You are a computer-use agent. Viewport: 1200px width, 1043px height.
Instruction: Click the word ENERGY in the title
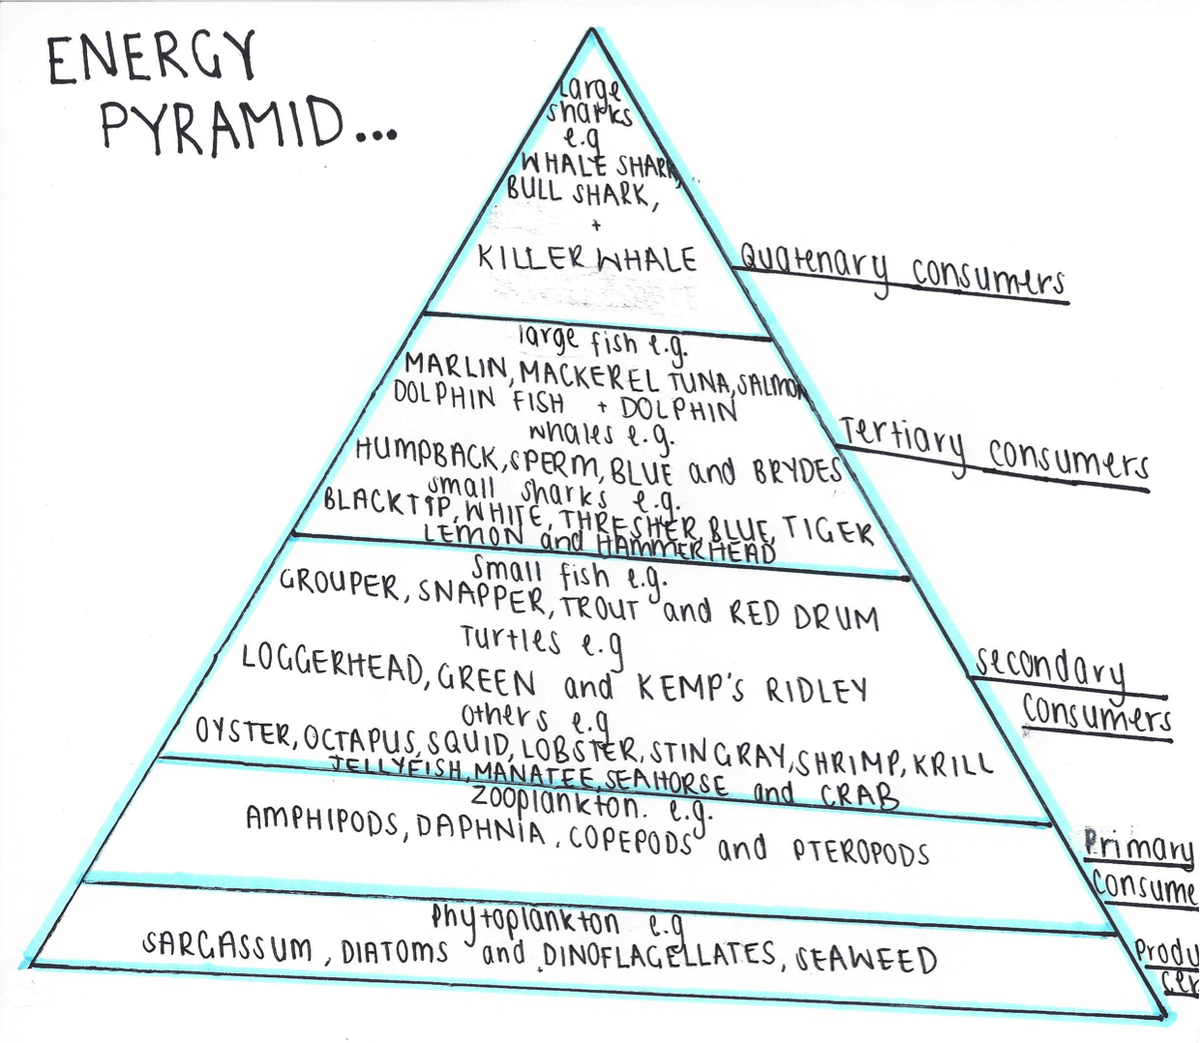(x=152, y=58)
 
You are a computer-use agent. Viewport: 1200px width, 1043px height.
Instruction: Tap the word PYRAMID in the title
(x=222, y=126)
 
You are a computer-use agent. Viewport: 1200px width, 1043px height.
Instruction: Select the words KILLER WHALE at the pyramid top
(x=587, y=259)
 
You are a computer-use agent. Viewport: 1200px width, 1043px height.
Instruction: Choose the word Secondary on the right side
(x=1050, y=668)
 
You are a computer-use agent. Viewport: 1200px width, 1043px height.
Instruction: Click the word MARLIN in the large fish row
(x=456, y=367)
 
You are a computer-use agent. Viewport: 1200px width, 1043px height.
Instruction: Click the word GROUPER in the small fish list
(x=339, y=583)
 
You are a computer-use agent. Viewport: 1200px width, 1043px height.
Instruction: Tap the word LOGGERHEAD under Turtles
(x=332, y=664)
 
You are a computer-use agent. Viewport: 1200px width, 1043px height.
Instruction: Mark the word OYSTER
(x=244, y=733)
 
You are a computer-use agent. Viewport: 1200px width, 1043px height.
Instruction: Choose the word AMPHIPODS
(x=322, y=821)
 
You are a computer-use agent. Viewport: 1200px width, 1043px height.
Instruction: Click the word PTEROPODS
(x=860, y=851)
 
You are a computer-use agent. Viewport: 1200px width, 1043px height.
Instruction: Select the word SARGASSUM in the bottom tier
(x=228, y=946)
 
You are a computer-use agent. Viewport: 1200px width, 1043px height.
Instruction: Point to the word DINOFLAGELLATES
(x=659, y=955)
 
